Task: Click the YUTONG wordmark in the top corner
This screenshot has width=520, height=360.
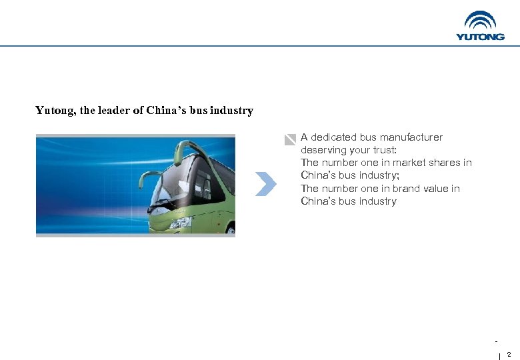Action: [x=480, y=37]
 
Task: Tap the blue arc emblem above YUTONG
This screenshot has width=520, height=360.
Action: [x=480, y=21]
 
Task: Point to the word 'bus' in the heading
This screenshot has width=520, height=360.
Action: [x=199, y=111]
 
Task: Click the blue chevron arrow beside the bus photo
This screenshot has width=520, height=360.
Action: [x=266, y=184]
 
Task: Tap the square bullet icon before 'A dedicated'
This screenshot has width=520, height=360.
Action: [x=289, y=139]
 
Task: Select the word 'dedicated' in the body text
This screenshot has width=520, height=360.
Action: [x=333, y=137]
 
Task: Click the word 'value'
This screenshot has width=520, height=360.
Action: [x=441, y=189]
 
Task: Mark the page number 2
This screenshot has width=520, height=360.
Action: [x=509, y=354]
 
